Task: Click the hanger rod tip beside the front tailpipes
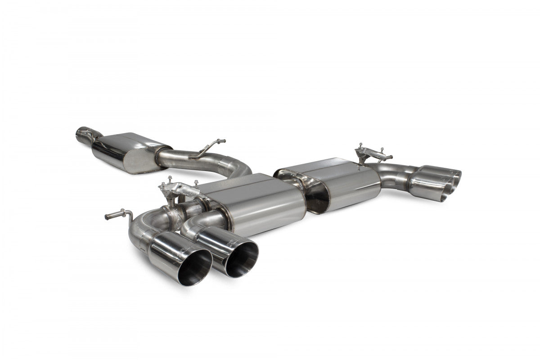(108, 217)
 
